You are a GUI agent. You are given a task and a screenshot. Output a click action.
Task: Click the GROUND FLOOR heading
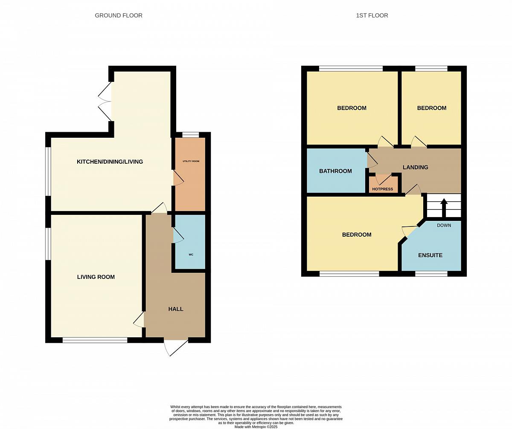pos(119,15)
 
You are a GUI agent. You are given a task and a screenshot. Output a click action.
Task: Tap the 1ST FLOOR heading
pos(372,15)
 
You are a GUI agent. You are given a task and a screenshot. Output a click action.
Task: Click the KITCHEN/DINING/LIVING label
pos(110,162)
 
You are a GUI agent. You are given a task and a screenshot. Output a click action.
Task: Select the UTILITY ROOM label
pos(191,161)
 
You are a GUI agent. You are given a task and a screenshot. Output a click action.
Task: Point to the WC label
pos(191,255)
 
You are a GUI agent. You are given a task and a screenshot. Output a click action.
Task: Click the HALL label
pos(176,309)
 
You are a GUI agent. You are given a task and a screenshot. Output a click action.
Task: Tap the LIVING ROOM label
pos(96,277)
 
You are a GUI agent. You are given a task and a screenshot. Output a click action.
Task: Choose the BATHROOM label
pos(335,171)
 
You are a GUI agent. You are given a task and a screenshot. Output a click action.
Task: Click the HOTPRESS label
pos(383,189)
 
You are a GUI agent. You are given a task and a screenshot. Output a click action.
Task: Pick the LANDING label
pos(416,167)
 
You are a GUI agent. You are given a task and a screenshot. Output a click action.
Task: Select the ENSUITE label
pos(431,255)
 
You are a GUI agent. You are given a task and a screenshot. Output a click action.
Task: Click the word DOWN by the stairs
pos(444,225)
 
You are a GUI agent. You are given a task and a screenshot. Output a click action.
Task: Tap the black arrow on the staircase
pos(444,208)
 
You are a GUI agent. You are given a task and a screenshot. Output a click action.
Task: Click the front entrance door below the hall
pos(176,347)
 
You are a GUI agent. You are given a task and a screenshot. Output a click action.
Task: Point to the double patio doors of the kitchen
pos(105,101)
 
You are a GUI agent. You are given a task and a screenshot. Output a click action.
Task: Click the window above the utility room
pos(191,135)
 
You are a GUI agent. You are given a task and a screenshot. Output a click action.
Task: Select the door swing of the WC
pos(178,235)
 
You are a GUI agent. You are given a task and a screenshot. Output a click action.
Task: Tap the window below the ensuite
pos(431,274)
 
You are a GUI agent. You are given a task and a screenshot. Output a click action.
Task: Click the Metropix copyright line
pos(256,427)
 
